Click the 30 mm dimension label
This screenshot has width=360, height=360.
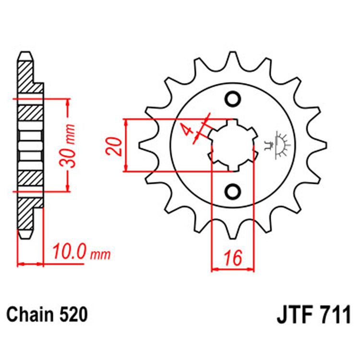pos(69,145)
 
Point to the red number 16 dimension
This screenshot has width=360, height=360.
pos(232,259)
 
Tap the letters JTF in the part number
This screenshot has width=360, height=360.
pos(294,316)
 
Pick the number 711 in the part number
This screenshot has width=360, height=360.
pos(334,316)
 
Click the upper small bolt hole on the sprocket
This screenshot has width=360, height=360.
pos(233,99)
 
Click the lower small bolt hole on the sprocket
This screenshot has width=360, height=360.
pos(233,191)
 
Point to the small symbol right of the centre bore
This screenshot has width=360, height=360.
pos(278,145)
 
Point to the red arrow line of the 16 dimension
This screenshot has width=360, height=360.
pos(232,269)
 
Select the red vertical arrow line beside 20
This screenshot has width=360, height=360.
pos(126,145)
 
